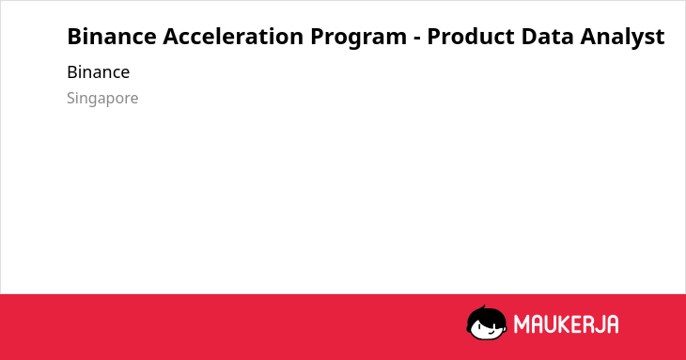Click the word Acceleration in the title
[233, 37]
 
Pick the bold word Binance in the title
[112, 37]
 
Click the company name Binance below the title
[99, 72]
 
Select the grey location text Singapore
[102, 99]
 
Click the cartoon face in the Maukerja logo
[487, 323]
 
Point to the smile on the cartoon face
[491, 332]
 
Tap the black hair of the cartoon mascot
[486, 316]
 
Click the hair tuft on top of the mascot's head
[483, 307]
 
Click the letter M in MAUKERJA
[522, 324]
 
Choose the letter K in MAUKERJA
[566, 324]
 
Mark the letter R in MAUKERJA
[588, 324]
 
